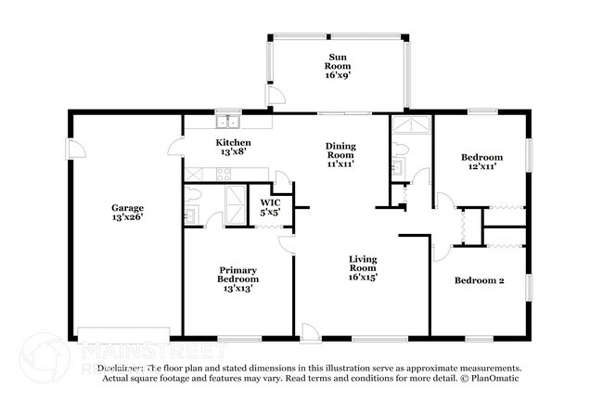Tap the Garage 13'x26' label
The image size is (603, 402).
click(127, 213)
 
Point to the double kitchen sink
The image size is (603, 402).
click(227, 122)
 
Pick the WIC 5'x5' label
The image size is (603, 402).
click(270, 208)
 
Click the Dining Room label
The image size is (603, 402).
click(340, 154)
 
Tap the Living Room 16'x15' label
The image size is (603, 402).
click(363, 267)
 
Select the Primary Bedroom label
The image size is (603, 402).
click(237, 279)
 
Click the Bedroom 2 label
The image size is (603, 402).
click(479, 279)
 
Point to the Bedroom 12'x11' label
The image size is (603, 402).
click(482, 163)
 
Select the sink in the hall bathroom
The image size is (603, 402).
click(397, 167)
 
